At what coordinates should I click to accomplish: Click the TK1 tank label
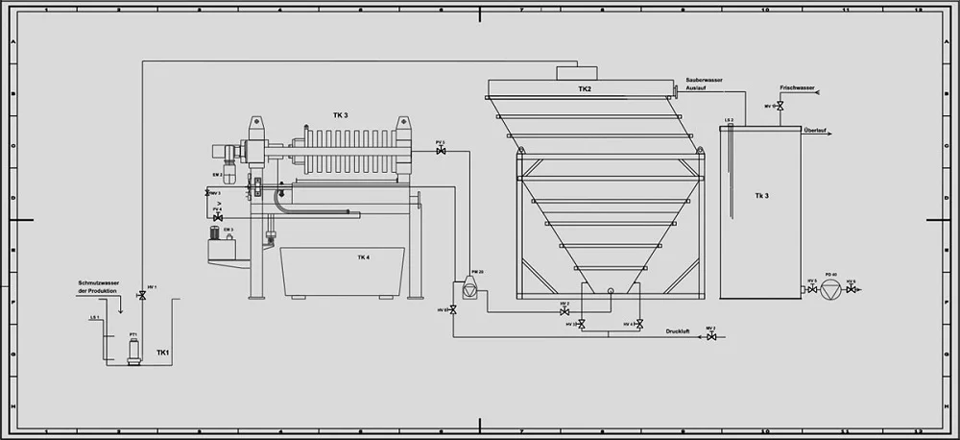click(x=163, y=353)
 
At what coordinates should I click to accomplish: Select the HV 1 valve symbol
click(x=142, y=297)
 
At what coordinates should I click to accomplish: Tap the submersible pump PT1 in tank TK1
click(x=133, y=352)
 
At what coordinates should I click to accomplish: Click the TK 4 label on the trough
click(x=364, y=257)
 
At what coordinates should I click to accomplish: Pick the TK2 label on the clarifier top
click(x=585, y=89)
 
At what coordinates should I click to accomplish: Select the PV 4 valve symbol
click(x=218, y=218)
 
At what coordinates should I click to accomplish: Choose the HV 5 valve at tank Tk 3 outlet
click(x=811, y=288)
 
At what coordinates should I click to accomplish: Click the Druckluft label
click(x=678, y=331)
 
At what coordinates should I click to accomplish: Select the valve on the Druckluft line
click(x=710, y=336)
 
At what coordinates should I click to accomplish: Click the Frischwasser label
click(x=797, y=87)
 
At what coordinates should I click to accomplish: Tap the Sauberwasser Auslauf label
click(x=705, y=84)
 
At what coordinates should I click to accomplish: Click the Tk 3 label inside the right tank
click(x=761, y=196)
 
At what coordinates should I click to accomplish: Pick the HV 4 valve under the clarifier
click(x=639, y=325)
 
